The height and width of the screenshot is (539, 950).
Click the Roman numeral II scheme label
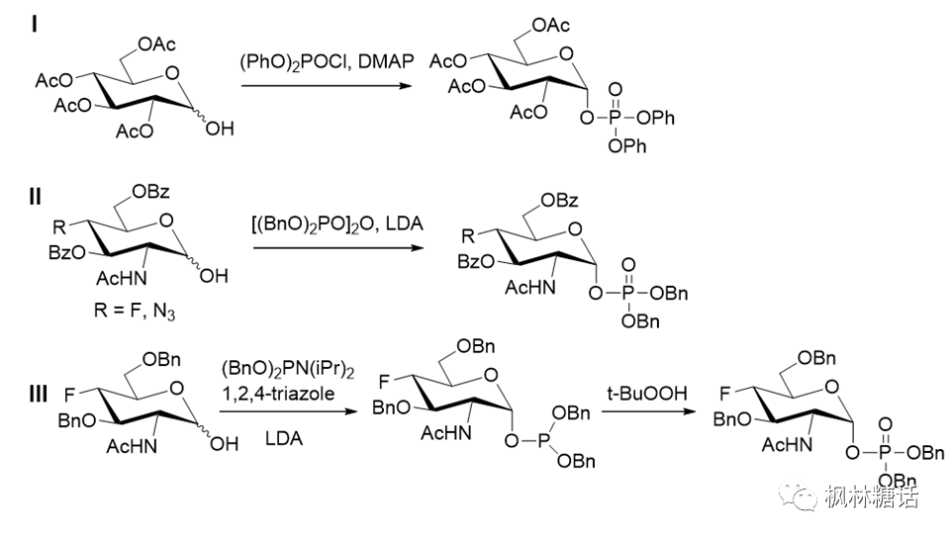click(35, 197)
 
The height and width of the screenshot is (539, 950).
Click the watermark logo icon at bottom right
click(803, 497)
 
